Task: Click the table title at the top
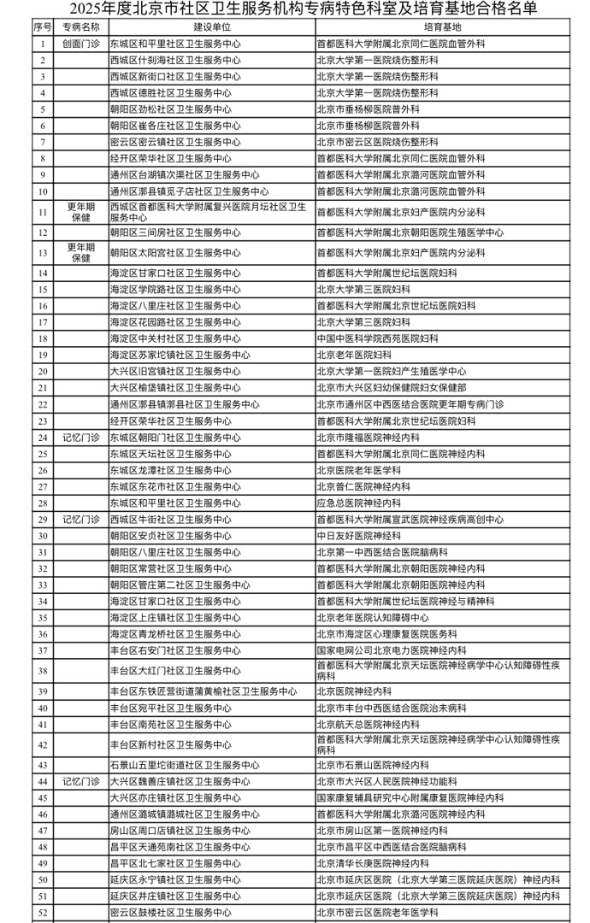click(x=294, y=9)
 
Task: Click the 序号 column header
click(x=42, y=27)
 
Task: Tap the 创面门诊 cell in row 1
click(x=80, y=43)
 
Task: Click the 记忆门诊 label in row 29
click(x=80, y=520)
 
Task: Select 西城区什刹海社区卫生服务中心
click(x=174, y=60)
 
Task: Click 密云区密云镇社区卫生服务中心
click(x=174, y=142)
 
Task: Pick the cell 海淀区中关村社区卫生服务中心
click(x=174, y=338)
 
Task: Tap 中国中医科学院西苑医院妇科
click(x=375, y=338)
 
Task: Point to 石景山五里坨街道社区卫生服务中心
click(x=185, y=766)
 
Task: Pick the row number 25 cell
click(x=42, y=454)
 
